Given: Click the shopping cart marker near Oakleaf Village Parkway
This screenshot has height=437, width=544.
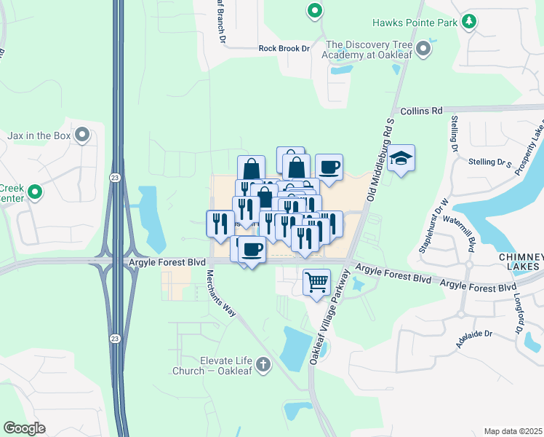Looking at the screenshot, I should tap(316, 280).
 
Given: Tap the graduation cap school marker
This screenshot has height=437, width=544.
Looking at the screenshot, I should tap(400, 158).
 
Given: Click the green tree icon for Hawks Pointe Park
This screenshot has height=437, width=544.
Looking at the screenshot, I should tap(470, 22).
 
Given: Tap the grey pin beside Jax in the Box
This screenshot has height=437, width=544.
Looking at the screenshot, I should tap(82, 135).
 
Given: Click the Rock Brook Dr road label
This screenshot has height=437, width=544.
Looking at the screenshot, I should tap(284, 49).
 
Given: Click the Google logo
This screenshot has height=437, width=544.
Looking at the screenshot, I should tap(24, 428).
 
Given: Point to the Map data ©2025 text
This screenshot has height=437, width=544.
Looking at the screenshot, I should tap(513, 431).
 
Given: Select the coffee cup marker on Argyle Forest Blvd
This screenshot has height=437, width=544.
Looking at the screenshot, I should tap(252, 249).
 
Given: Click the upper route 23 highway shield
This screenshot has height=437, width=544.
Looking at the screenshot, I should tap(116, 177).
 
